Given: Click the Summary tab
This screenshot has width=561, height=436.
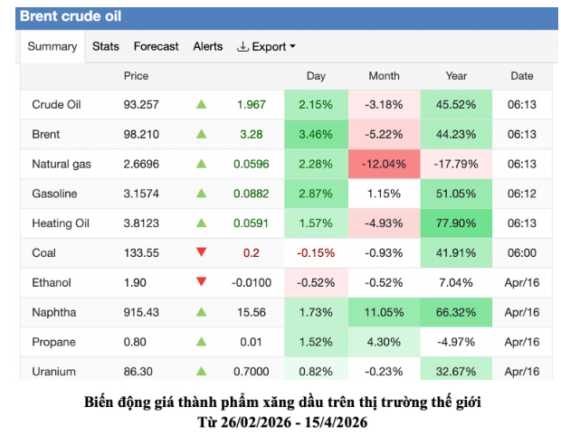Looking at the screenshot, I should click(x=52, y=46).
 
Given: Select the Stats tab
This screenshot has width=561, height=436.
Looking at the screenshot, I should click(x=106, y=46).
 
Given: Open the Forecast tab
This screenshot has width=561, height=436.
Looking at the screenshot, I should click(x=156, y=46).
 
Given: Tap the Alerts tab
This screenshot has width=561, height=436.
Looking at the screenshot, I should click(x=207, y=46).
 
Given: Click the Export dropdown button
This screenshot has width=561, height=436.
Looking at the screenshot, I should click(x=266, y=46).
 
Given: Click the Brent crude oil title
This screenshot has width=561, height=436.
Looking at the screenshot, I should click(x=71, y=16).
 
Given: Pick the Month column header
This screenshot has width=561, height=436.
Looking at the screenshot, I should click(x=384, y=76).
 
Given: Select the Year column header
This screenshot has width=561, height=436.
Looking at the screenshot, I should click(x=456, y=76).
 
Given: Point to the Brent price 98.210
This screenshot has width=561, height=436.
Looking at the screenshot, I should click(x=141, y=134).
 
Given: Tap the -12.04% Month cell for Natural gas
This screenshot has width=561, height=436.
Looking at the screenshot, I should click(x=384, y=164).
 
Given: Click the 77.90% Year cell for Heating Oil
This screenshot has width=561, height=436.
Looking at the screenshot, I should click(x=456, y=223).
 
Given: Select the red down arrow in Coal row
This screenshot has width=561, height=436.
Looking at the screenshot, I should click(x=201, y=253).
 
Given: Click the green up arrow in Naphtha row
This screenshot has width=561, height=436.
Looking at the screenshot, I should click(x=201, y=312).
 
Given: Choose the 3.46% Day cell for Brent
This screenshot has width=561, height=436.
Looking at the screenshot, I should click(x=316, y=134).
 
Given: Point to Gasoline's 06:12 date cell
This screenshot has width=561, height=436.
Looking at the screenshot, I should click(x=522, y=194).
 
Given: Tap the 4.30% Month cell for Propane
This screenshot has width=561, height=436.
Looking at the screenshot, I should click(x=384, y=342).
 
